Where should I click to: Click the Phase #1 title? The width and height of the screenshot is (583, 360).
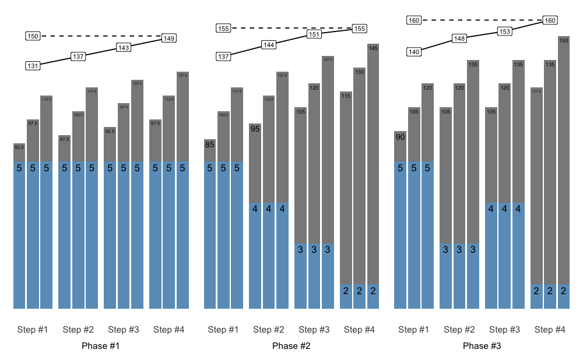pyautogui.click(x=101, y=346)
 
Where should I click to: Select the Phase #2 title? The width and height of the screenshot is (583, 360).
pyautogui.click(x=291, y=346)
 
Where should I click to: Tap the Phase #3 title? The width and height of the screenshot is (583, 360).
pyautogui.click(x=482, y=346)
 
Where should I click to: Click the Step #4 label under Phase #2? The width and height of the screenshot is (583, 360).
pyautogui.click(x=360, y=330)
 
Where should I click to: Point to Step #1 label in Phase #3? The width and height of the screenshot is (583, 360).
pyautogui.click(x=414, y=330)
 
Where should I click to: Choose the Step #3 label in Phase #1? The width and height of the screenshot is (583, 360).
pyautogui.click(x=124, y=330)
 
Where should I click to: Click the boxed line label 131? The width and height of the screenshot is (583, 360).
pyautogui.click(x=33, y=66)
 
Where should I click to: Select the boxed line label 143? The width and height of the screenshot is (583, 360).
pyautogui.click(x=124, y=48)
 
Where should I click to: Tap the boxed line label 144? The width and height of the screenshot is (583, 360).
pyautogui.click(x=269, y=45)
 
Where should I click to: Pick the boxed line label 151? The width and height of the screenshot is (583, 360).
pyautogui.click(x=314, y=34)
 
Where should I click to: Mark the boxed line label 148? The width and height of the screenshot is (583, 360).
pyautogui.click(x=459, y=39)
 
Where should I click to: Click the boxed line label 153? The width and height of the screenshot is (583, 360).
pyautogui.click(x=505, y=31)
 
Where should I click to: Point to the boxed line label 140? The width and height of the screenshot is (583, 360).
pyautogui.click(x=414, y=52)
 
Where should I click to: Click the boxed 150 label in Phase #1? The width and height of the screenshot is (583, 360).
pyautogui.click(x=33, y=36)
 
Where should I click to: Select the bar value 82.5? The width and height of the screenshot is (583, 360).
pyautogui.click(x=19, y=147)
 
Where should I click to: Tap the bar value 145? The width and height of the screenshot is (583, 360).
pyautogui.click(x=374, y=48)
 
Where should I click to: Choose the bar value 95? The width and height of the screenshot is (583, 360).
pyautogui.click(x=255, y=129)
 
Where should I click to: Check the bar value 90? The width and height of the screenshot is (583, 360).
pyautogui.click(x=401, y=137)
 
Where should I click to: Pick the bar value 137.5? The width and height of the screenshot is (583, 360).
pyautogui.click(x=328, y=59)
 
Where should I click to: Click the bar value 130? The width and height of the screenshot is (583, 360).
pyautogui.click(x=360, y=72)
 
